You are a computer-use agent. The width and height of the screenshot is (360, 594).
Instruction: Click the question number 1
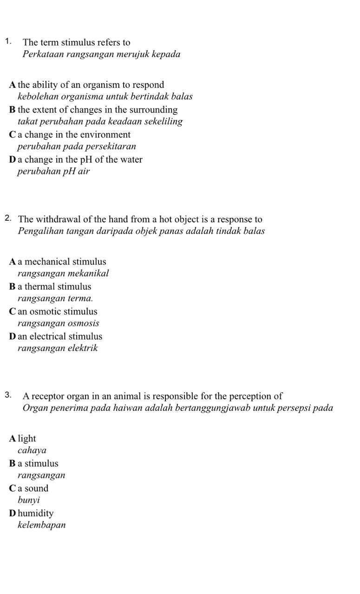(8, 42)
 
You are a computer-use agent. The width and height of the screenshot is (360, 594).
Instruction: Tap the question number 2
(8, 218)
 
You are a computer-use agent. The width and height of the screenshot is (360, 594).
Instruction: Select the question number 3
(8, 396)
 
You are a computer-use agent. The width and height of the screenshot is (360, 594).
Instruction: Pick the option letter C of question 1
(12, 135)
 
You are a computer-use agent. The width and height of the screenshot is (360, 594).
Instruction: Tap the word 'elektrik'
(83, 348)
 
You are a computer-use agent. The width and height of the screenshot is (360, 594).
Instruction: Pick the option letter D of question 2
(12, 337)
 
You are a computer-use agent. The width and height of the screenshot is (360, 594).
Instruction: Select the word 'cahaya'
(32, 450)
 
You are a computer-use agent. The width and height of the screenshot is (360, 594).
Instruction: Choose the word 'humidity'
(36, 514)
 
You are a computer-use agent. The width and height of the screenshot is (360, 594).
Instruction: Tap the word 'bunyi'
(29, 501)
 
